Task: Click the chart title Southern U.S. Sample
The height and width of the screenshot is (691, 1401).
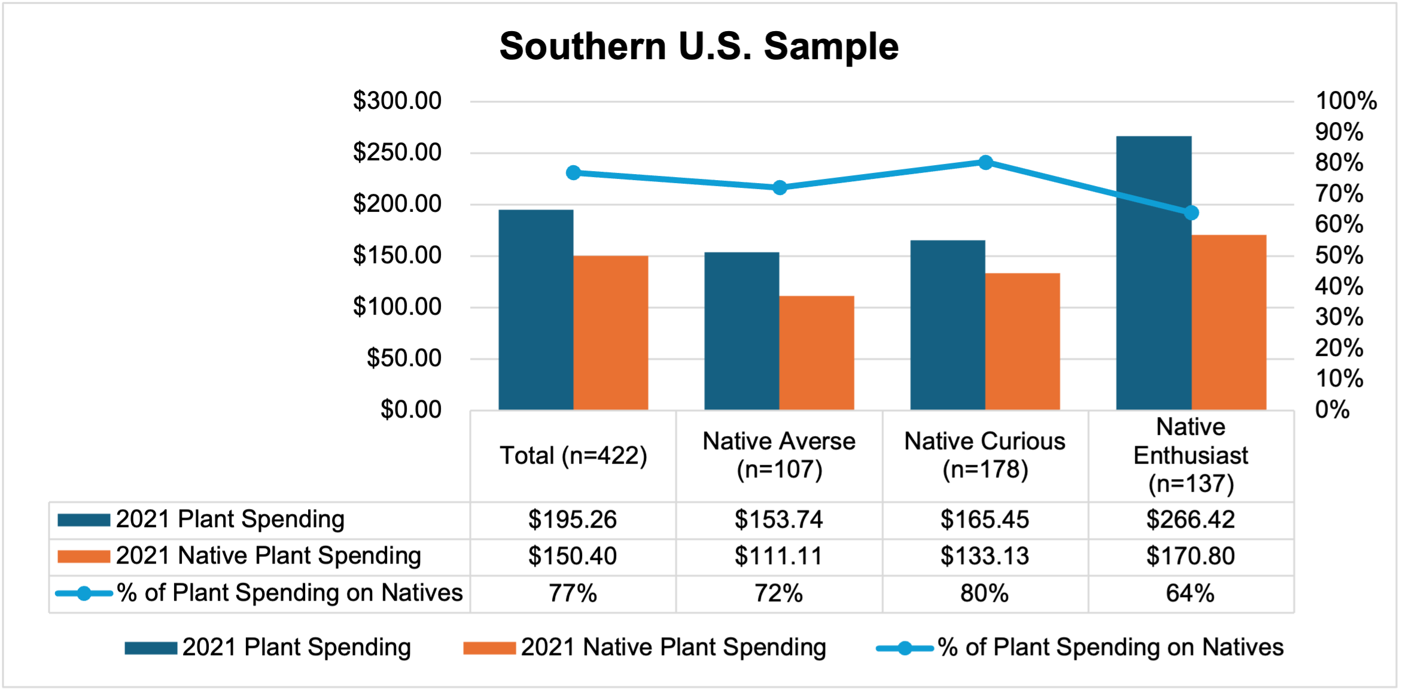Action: point(699,47)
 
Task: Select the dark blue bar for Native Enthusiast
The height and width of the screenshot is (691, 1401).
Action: point(1153,272)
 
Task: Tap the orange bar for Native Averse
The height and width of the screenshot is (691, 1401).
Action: point(817,353)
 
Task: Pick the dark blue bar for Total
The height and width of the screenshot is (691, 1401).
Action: point(536,309)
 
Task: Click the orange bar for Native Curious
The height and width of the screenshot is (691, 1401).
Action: point(1022,341)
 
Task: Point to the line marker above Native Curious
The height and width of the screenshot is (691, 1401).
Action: point(986,162)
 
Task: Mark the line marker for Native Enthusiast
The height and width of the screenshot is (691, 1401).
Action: point(1191,212)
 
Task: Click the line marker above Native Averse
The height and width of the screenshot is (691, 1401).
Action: point(779,188)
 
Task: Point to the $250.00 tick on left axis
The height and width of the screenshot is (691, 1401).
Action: point(397,153)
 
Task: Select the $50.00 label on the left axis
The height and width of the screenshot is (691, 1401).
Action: point(404,358)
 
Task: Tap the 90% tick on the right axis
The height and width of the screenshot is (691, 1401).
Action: point(1339,132)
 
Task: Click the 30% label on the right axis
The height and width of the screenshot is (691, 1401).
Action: point(1339,317)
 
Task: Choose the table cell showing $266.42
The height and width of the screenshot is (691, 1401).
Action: point(1190,519)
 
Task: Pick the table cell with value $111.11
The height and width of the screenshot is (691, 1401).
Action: point(779,556)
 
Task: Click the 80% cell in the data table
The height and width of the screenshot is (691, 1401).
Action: point(985,593)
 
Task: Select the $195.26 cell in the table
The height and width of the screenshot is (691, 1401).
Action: point(572,519)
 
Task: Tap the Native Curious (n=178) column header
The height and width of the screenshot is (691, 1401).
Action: point(985,455)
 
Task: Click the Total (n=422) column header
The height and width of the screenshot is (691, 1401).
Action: point(573,456)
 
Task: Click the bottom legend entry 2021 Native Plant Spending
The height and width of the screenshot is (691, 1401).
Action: point(645,647)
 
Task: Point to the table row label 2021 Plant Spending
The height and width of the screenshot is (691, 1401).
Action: point(230,519)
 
